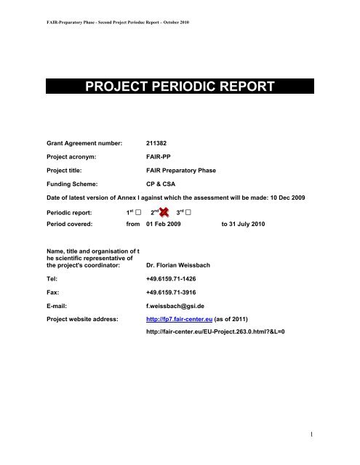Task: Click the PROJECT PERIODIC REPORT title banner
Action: coord(180,89)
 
